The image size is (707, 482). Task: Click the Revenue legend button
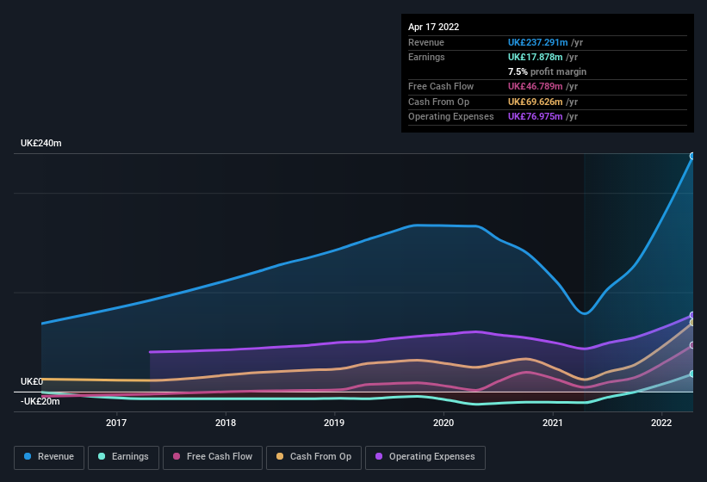tap(49, 456)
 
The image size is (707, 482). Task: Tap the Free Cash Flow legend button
tap(213, 456)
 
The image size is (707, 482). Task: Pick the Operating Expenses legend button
tap(425, 456)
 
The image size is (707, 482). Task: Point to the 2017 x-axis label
tap(116, 423)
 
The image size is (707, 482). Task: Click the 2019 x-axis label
tap(334, 423)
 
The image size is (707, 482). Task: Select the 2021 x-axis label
tap(552, 423)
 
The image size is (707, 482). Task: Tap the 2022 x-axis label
tap(661, 423)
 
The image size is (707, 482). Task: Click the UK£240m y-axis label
tap(41, 143)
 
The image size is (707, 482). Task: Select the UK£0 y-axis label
tap(32, 381)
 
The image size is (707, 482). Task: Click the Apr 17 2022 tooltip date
tap(433, 27)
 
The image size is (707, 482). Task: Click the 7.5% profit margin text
tap(547, 71)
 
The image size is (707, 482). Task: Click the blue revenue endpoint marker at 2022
tap(692, 156)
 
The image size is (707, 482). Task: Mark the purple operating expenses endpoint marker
tap(692, 315)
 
